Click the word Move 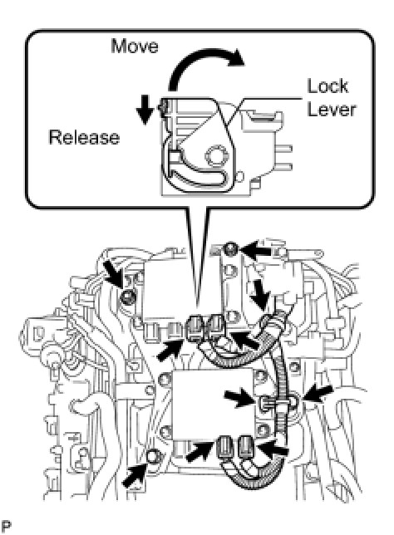(135, 46)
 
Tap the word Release (84, 137)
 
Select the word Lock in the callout (328, 86)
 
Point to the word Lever (331, 109)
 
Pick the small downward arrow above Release (145, 110)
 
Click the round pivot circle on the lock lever (216, 157)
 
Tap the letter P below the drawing (7, 526)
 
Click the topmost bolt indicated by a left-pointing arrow (231, 248)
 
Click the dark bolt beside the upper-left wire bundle (127, 296)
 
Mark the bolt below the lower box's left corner (152, 456)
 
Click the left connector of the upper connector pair (197, 329)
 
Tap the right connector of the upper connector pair (216, 326)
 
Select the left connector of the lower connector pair (225, 447)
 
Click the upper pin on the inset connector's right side (283, 150)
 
